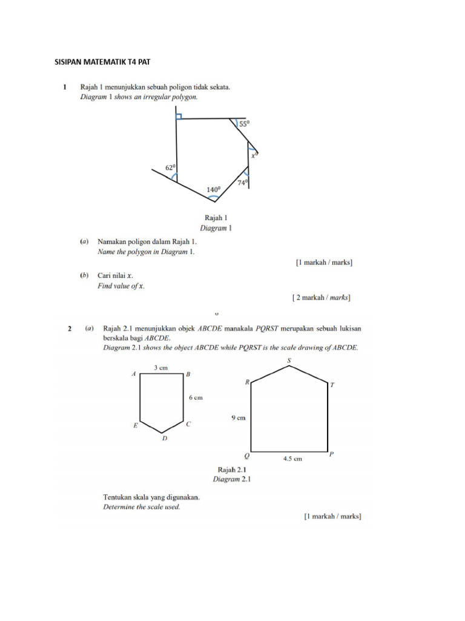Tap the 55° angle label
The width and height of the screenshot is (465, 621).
[x=244, y=124]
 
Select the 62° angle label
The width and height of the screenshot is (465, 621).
[x=171, y=167]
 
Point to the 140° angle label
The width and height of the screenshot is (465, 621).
[x=213, y=189]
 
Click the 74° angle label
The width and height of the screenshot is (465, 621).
[x=242, y=183]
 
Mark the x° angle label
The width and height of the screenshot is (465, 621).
[x=255, y=155]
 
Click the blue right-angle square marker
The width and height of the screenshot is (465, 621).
[x=179, y=116]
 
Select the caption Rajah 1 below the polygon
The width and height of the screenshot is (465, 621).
[x=216, y=217]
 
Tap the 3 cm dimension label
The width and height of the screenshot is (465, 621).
[x=161, y=368]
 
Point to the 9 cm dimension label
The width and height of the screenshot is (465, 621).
[x=237, y=417]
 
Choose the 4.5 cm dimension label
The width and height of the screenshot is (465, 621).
[x=292, y=459]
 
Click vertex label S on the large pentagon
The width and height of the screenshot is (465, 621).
[x=289, y=361]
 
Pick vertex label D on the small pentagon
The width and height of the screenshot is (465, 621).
[x=164, y=438]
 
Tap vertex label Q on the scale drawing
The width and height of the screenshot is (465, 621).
[x=246, y=455]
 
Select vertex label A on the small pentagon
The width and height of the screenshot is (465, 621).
[x=134, y=375]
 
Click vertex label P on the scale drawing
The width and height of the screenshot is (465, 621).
[x=331, y=454]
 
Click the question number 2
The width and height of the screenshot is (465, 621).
[x=70, y=329]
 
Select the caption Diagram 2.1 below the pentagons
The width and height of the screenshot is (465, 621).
[x=231, y=479]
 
